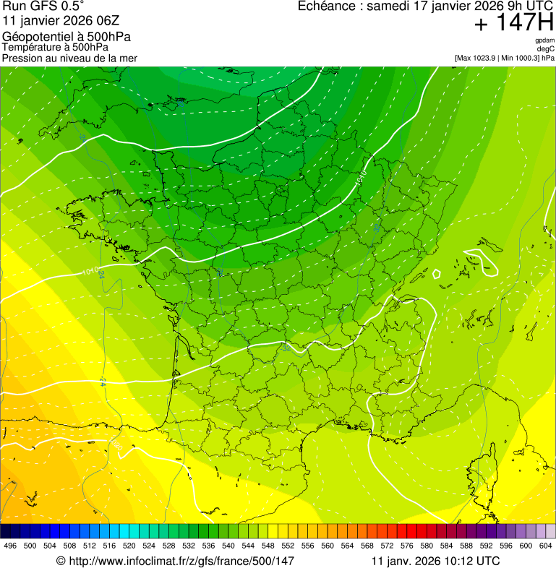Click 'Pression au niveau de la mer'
pyautogui.click(x=69, y=58)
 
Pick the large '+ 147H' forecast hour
pyautogui.click(x=513, y=23)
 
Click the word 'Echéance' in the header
pyautogui.click(x=329, y=7)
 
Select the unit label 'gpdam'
pyautogui.click(x=544, y=40)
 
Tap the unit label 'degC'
pyautogui.click(x=547, y=48)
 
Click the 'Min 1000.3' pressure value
pyautogui.click(x=518, y=57)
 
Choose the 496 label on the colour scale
pyautogui.click(x=10, y=546)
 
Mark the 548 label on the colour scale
pyautogui.click(x=267, y=546)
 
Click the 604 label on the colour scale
pyautogui.click(x=545, y=546)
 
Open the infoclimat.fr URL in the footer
pyautogui.click(x=181, y=561)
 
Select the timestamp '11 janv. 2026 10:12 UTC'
pyautogui.click(x=435, y=561)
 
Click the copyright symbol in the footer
pyautogui.click(x=61, y=561)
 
